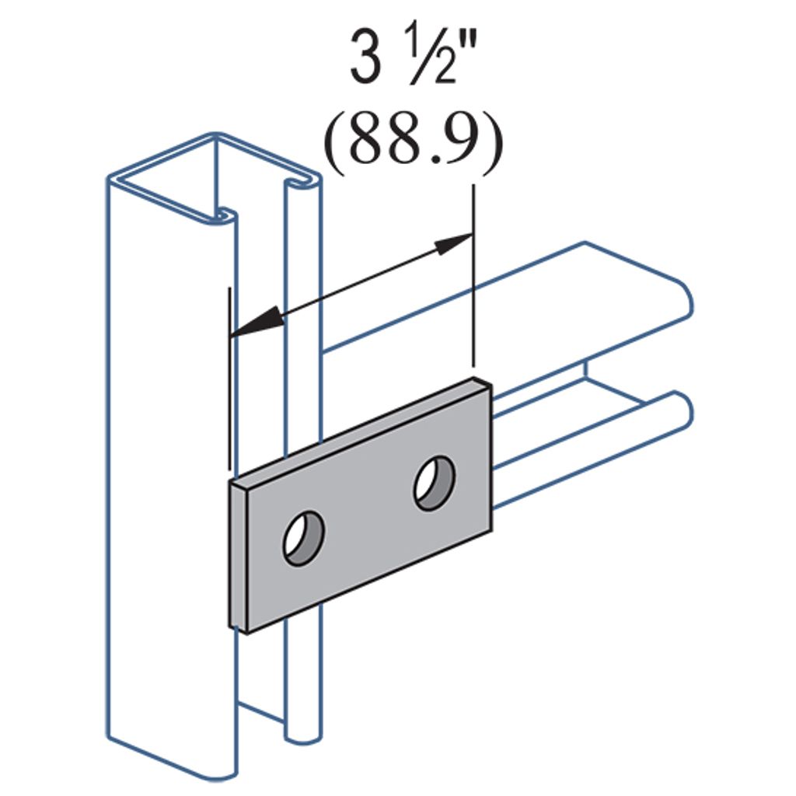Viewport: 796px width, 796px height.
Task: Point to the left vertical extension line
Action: click(229, 381)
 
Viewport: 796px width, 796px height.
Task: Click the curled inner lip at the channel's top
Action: click(224, 214)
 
